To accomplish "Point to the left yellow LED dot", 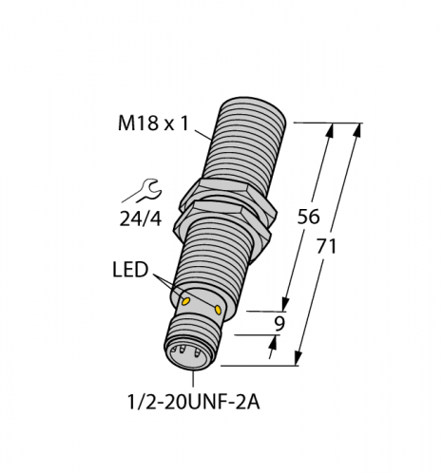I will click(x=186, y=301).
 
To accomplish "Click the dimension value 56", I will click(x=308, y=216).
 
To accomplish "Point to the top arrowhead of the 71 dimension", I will click(x=357, y=128).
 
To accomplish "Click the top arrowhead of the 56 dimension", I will click(x=330, y=129).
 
